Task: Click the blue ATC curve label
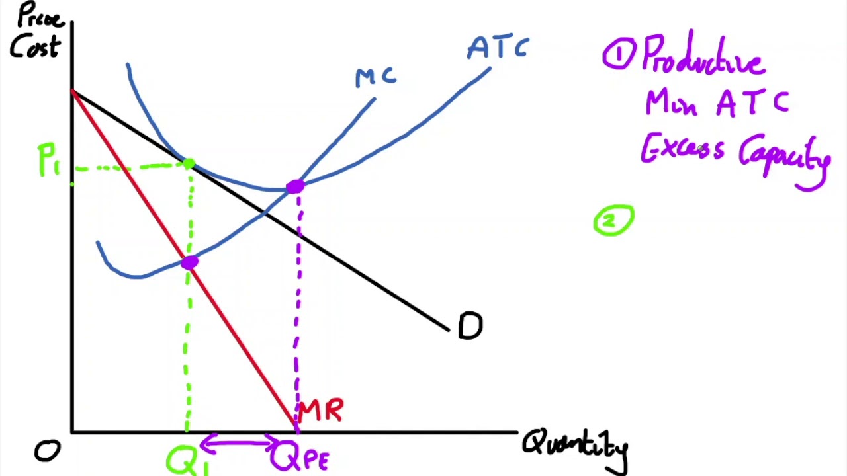498,48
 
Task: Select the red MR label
320,411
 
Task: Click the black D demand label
470,326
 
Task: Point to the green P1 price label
48,161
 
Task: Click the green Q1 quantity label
187,460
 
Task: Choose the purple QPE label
299,457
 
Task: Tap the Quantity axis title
574,446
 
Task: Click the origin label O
47,452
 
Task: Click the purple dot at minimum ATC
295,187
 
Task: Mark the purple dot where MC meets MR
189,263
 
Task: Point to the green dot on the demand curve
189,164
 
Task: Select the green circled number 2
613,220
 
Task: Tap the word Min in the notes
671,104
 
